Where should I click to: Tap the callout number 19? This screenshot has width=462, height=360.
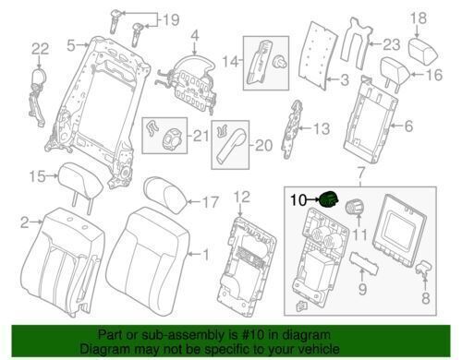tap(172, 19)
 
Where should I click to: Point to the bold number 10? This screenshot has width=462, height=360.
tap(300, 198)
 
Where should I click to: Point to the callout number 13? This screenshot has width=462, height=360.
tap(321, 129)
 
